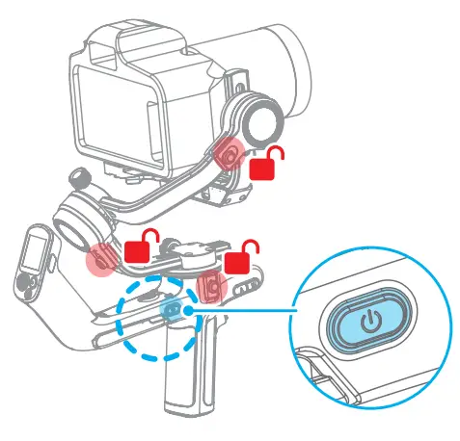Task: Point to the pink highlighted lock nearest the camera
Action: (230, 153)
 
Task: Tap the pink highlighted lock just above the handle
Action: (213, 282)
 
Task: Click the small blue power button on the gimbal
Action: (174, 308)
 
